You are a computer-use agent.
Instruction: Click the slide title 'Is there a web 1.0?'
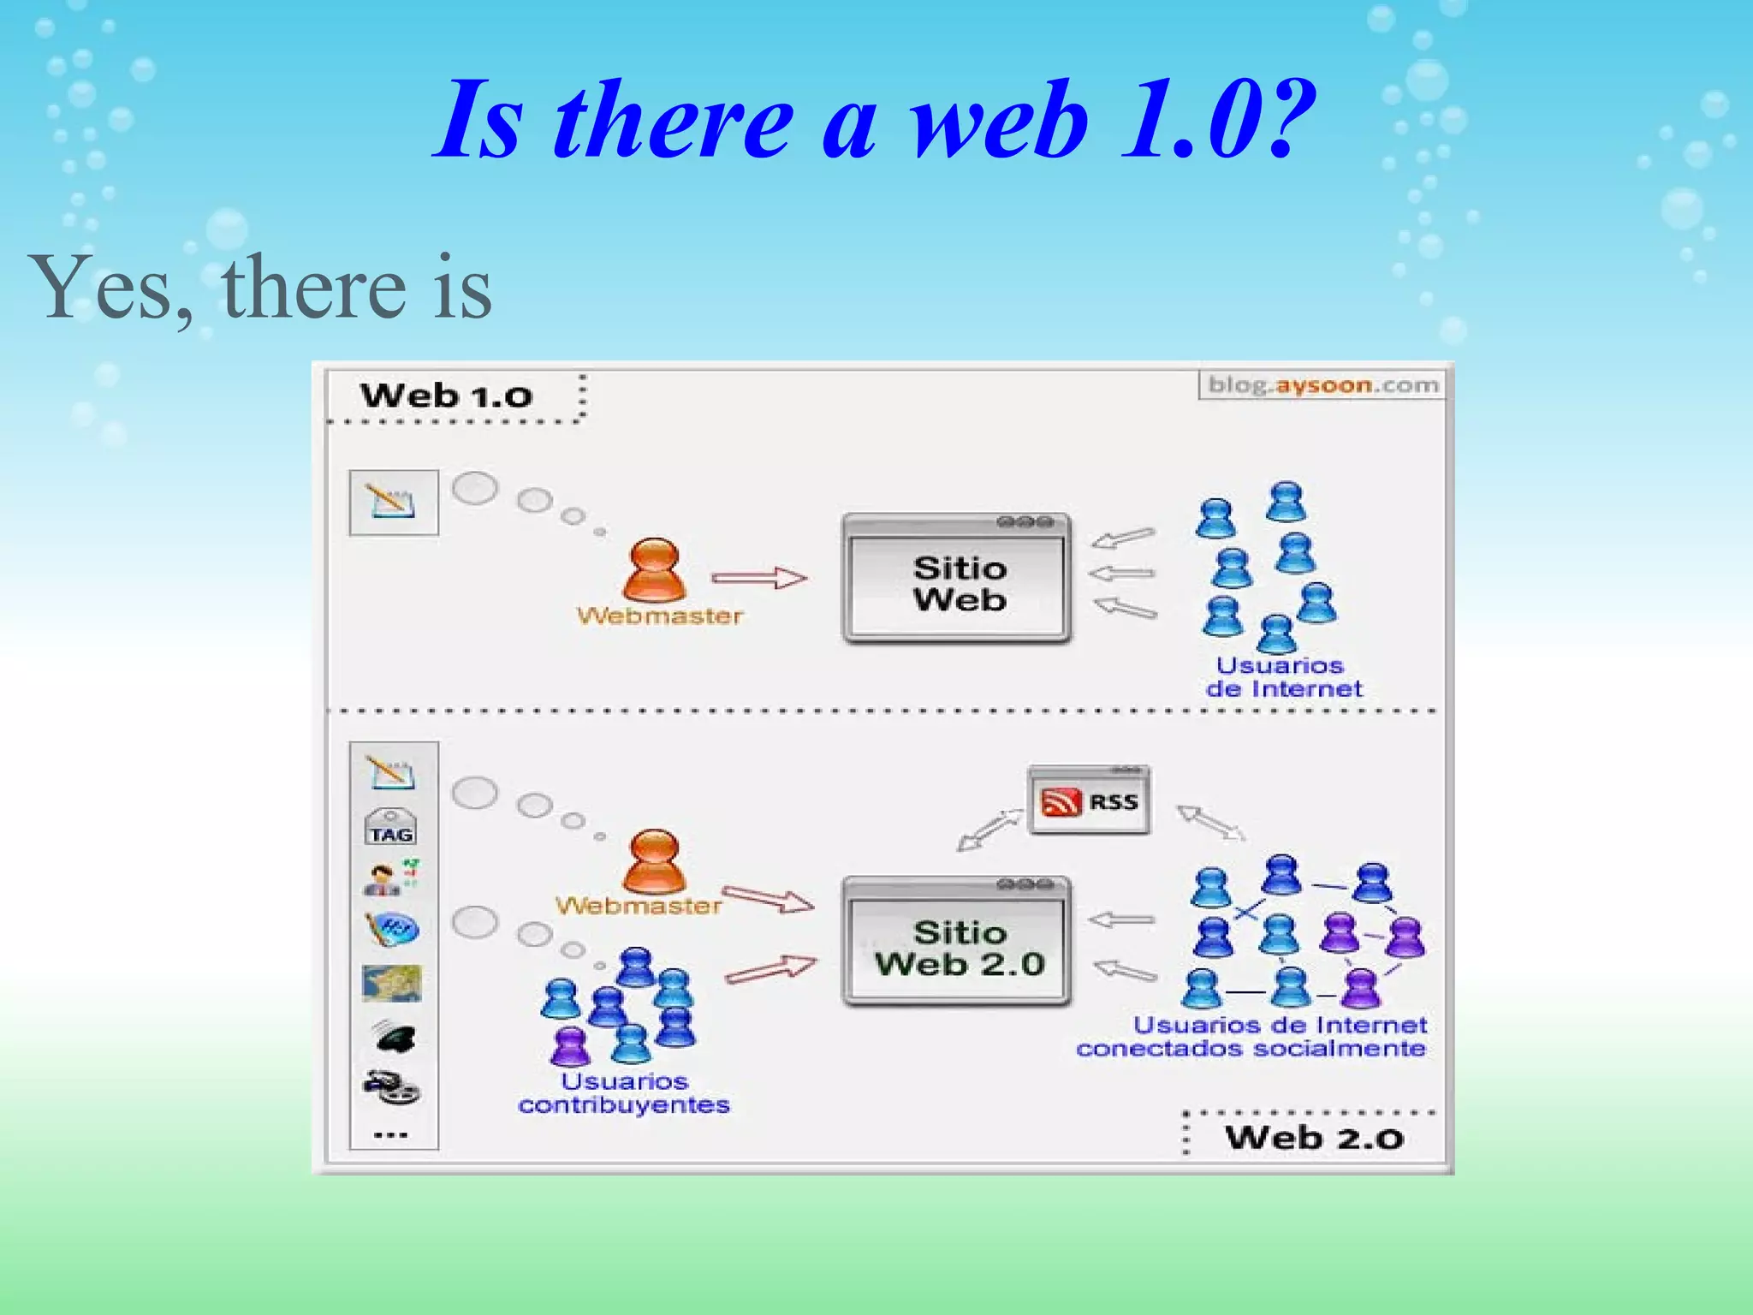(875, 120)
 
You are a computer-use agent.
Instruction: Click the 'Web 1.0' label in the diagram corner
(447, 396)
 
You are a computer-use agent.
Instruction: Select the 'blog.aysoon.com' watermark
(1322, 385)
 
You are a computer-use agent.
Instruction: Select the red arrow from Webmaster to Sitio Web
(758, 579)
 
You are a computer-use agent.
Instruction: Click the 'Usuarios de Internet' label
(1282, 677)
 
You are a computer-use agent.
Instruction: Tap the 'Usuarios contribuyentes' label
(624, 1093)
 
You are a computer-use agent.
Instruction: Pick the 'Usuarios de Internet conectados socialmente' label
(1251, 1037)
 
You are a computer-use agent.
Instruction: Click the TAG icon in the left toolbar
(391, 829)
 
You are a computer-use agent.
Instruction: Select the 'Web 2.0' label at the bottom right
(1314, 1138)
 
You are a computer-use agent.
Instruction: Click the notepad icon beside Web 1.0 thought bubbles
(393, 503)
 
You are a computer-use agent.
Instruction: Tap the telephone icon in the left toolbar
(394, 1037)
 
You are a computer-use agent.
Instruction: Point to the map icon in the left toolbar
(392, 983)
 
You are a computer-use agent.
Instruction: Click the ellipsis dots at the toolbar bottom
(391, 1135)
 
